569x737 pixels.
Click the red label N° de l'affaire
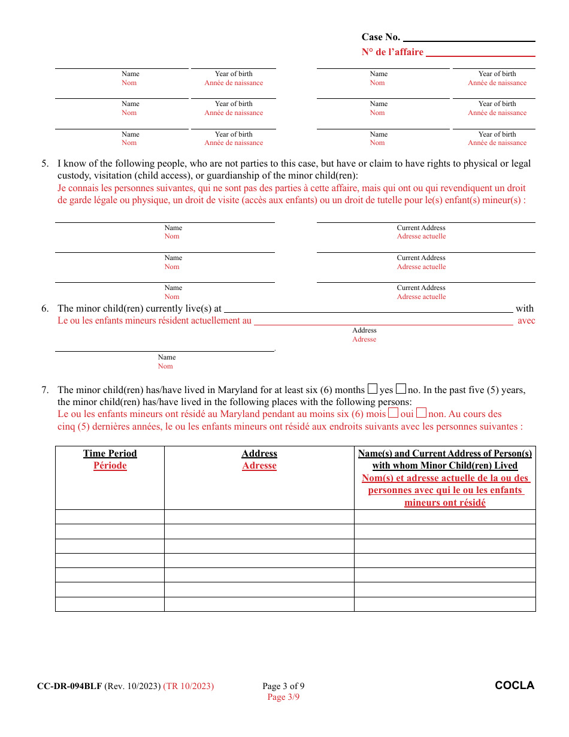(x=392, y=52)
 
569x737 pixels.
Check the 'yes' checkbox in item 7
(x=373, y=389)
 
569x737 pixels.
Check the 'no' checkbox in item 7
(x=401, y=389)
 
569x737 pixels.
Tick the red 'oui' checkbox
(x=394, y=413)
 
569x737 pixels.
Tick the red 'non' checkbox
(x=422, y=413)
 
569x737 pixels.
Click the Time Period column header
(x=110, y=454)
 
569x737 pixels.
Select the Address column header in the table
(x=259, y=454)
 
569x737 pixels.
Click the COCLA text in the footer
(x=514, y=685)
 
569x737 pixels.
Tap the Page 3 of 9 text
(x=283, y=686)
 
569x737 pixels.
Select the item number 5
(x=45, y=164)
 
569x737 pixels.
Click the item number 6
(x=45, y=309)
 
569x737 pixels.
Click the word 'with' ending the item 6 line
(x=524, y=309)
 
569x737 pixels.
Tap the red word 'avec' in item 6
(x=526, y=321)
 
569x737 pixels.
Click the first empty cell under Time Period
(x=110, y=517)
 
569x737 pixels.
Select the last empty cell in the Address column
(x=259, y=604)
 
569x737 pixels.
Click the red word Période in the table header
(x=110, y=466)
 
